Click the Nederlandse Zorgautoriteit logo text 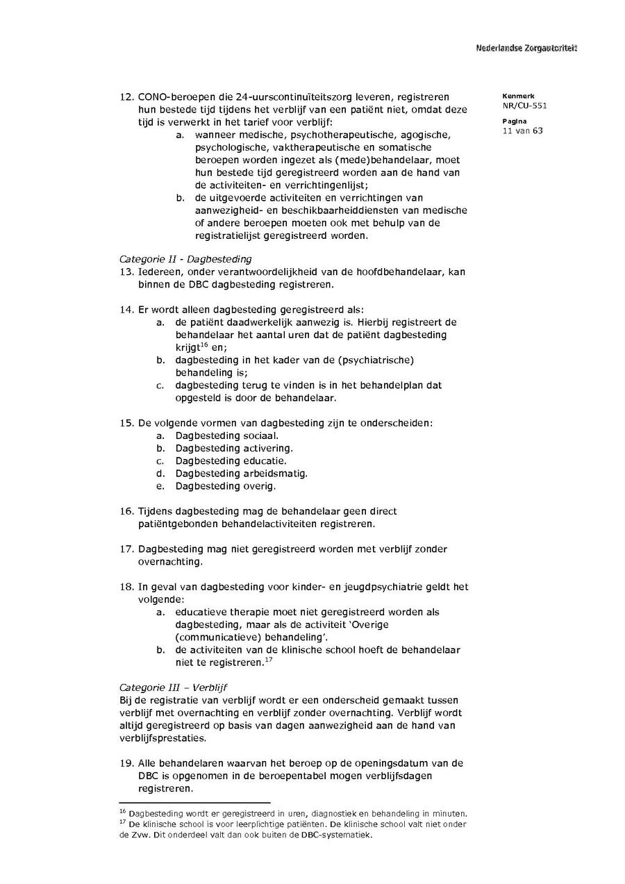coord(526,48)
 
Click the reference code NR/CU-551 coord(524,106)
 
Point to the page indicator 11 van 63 coord(522,131)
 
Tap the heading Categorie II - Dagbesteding coord(185,259)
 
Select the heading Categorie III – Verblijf coord(173,687)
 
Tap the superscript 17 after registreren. coord(268,659)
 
